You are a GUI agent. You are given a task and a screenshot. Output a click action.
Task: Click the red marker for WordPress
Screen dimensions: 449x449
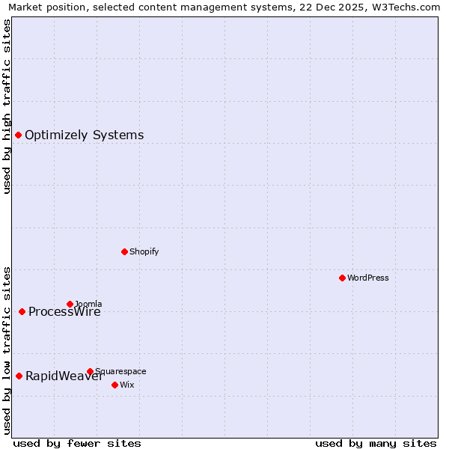342,278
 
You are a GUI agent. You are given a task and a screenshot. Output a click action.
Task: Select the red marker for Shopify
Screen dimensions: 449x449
124,251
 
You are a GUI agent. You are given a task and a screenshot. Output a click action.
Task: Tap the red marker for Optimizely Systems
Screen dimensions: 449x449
18,135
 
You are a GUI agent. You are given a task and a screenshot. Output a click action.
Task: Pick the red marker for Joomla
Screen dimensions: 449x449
70,304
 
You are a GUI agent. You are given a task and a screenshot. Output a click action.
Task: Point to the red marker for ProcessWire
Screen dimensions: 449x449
22,311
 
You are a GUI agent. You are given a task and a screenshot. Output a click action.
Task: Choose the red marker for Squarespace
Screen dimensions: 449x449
90,371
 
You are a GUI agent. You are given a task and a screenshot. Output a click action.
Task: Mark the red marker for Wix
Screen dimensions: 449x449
114,385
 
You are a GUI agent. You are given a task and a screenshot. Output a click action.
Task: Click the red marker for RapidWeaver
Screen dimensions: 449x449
19,376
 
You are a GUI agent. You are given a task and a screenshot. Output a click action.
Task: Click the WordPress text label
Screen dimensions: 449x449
368,278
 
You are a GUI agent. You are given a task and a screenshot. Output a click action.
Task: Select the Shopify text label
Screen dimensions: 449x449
144,251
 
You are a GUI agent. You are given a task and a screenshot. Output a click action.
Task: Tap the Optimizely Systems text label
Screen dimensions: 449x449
85,135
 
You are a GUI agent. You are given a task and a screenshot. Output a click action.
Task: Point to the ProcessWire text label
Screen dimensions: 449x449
65,313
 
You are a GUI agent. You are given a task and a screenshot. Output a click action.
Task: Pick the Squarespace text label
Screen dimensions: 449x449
121,371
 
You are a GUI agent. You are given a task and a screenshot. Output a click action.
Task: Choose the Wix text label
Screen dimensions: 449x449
127,385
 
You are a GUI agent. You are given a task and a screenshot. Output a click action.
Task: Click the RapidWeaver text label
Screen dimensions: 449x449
64,376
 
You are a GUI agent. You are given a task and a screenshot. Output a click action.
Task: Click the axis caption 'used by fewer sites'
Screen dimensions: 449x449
77,443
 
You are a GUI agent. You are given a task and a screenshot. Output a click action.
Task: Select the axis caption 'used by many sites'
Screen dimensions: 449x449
376,443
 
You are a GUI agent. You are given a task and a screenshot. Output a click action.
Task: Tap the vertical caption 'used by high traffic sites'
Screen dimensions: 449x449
7,106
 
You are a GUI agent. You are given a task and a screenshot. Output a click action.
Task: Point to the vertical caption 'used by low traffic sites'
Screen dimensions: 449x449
7,350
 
